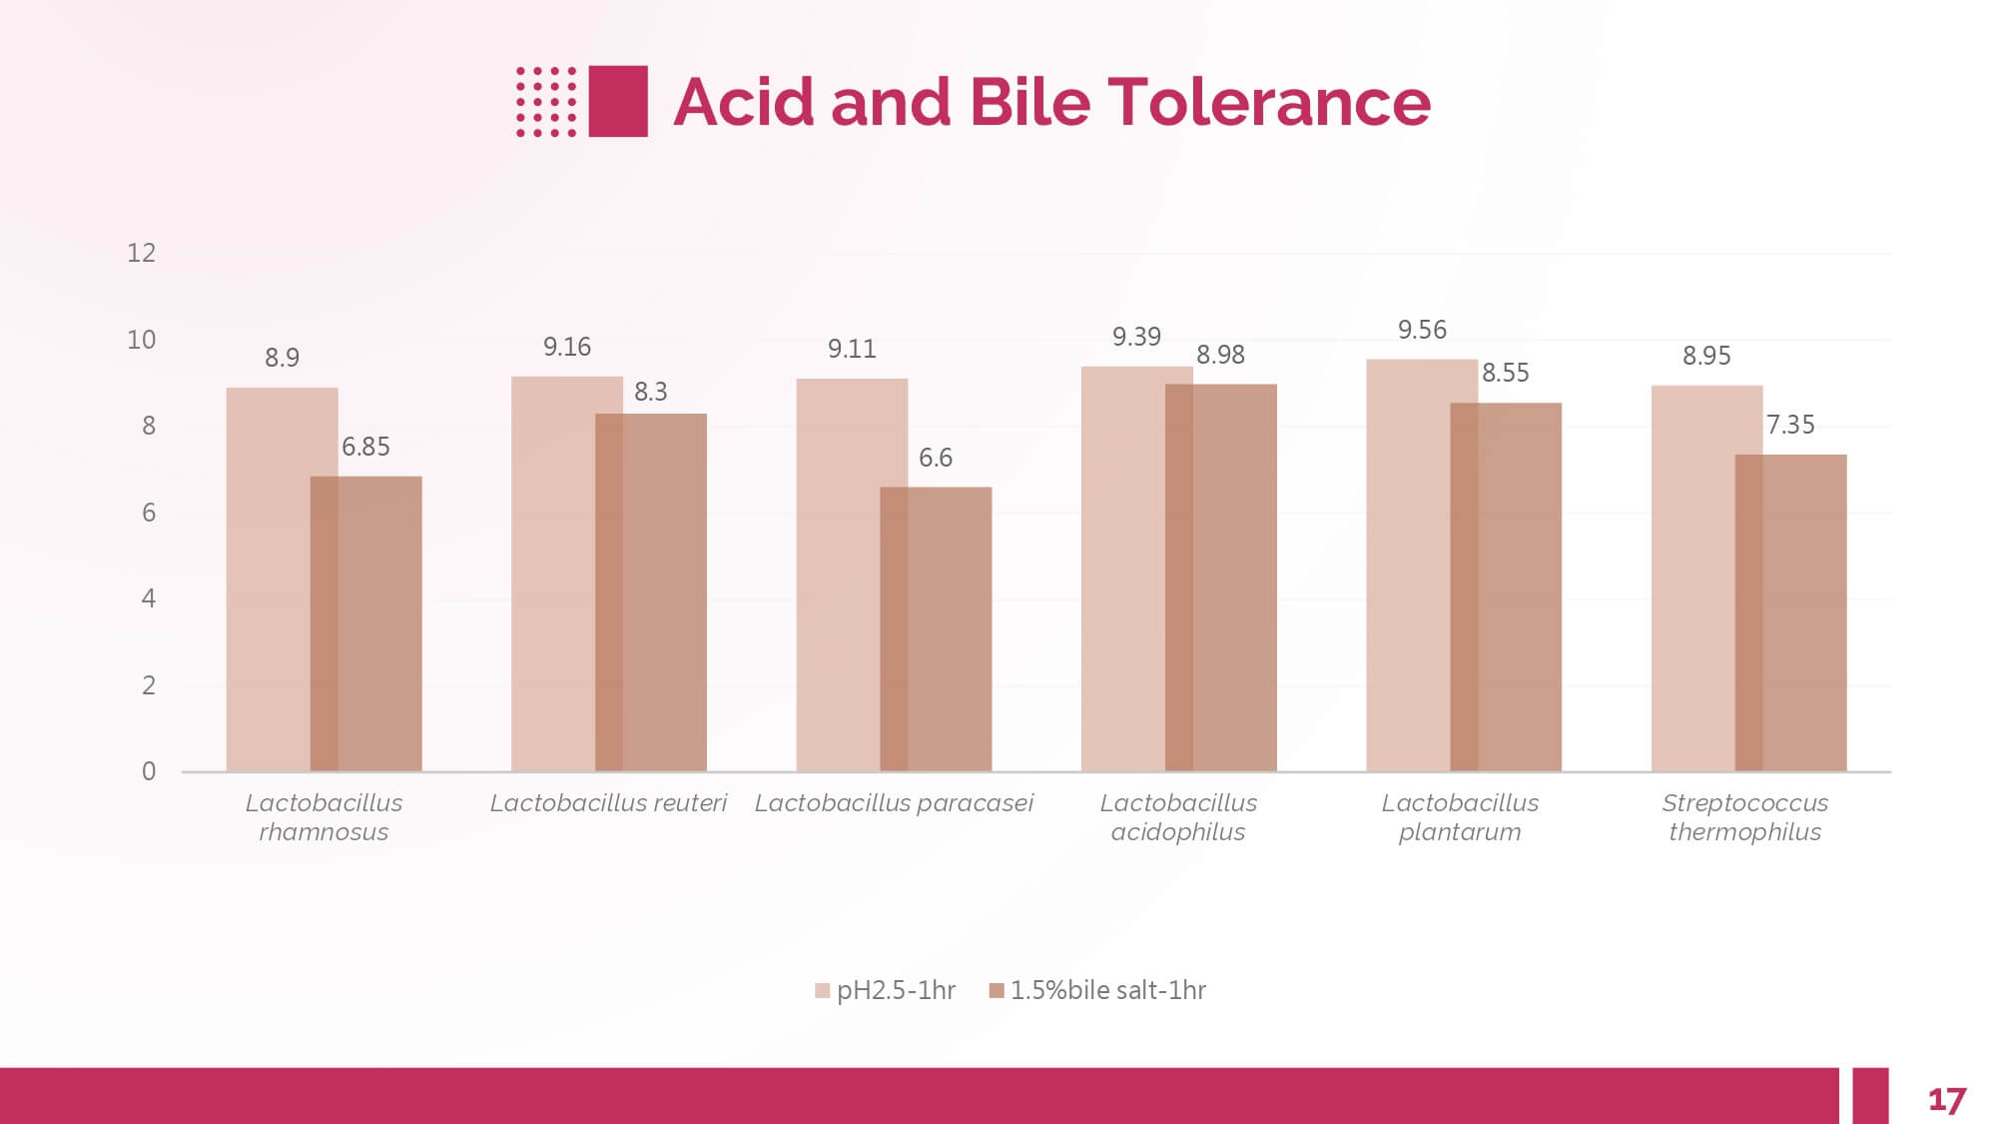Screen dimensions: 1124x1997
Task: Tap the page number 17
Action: click(1946, 1100)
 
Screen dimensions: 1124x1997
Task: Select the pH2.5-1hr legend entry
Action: click(886, 990)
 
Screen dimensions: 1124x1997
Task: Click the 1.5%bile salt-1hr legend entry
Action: click(1098, 990)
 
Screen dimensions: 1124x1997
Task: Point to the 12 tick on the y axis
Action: click(141, 253)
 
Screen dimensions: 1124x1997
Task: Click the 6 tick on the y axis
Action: click(149, 513)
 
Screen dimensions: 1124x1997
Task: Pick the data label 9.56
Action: click(1422, 330)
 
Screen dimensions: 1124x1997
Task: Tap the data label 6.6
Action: click(936, 458)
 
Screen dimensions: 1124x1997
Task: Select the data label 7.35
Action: click(1790, 425)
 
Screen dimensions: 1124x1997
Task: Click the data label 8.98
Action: click(1220, 355)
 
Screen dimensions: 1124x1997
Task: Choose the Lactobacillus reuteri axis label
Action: click(608, 803)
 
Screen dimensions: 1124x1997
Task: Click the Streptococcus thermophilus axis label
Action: click(1744, 817)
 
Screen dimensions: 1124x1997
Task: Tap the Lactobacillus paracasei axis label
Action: click(894, 803)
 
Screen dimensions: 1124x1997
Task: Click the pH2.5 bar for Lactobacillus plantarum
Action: click(1408, 564)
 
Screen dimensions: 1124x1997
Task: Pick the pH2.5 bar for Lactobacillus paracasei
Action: click(838, 574)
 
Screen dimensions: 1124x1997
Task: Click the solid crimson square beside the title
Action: click(618, 101)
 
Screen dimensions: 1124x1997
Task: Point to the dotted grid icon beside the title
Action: click(546, 101)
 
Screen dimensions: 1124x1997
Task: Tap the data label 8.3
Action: click(651, 392)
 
